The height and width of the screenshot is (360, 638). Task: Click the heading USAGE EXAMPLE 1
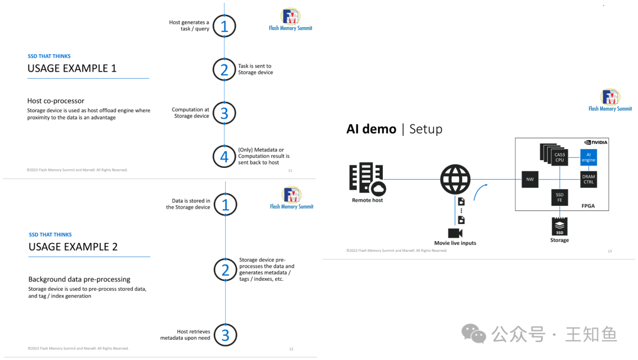[x=72, y=69]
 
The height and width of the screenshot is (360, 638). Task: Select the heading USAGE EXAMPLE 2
[x=73, y=247]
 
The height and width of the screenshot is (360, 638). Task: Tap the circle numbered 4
[x=224, y=157]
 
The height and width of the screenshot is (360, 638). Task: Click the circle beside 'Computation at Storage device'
[x=224, y=113]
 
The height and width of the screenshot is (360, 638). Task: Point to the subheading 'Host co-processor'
[x=56, y=101]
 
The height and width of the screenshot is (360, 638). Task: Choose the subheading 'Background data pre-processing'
[x=79, y=279]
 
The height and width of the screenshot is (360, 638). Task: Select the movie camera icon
[x=455, y=232]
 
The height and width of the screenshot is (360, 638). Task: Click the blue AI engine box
[x=588, y=157]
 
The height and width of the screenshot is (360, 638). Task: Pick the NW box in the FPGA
[x=529, y=179]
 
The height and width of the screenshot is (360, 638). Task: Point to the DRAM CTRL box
[x=588, y=179]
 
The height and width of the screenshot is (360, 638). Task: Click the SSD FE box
[x=559, y=197]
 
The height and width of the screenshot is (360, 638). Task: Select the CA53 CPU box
[x=558, y=156]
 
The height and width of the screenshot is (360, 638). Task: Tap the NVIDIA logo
[x=595, y=142]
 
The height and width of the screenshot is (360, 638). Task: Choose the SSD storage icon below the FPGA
[x=559, y=226]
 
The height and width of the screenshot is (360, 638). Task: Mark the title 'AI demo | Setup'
[x=394, y=129]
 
